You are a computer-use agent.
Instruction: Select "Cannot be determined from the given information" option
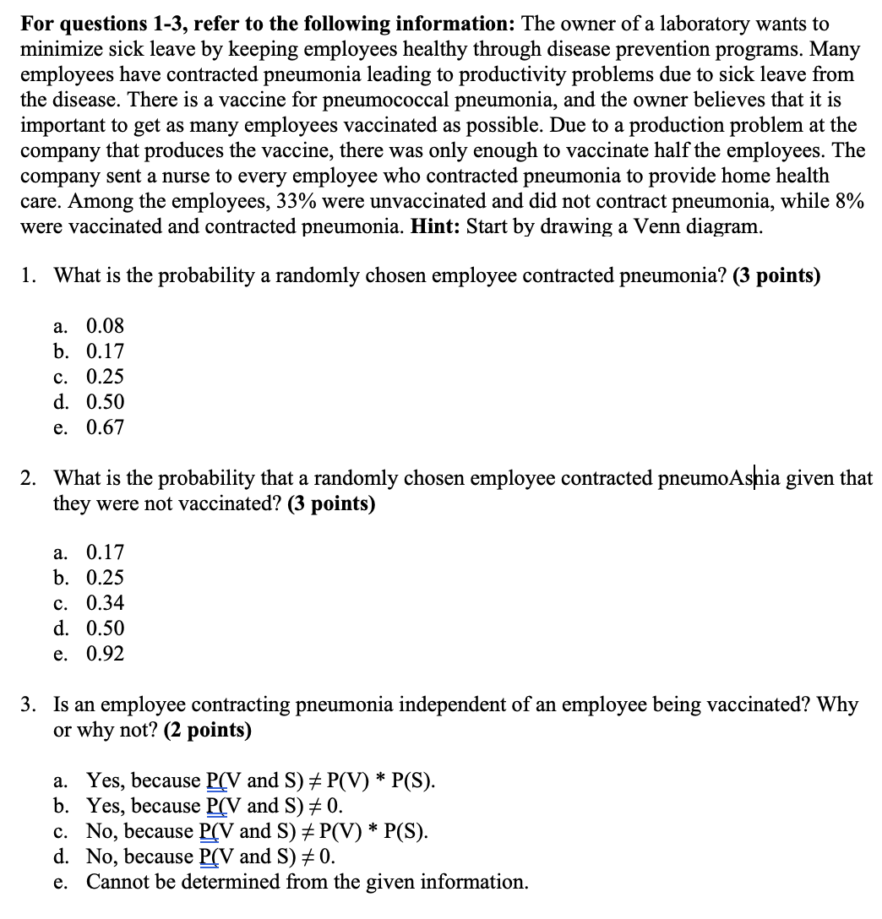[x=308, y=882]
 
